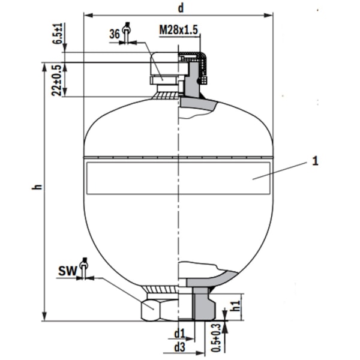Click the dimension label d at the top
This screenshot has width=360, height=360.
(x=181, y=7)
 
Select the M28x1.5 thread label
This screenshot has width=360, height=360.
(x=178, y=30)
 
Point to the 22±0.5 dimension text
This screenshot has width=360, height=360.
(x=56, y=80)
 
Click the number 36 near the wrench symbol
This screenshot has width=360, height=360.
(x=114, y=35)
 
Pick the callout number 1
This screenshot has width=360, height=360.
(x=314, y=161)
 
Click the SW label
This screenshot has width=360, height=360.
(x=67, y=272)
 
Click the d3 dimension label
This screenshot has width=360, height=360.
(x=179, y=346)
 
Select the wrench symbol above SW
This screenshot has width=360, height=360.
(x=84, y=268)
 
